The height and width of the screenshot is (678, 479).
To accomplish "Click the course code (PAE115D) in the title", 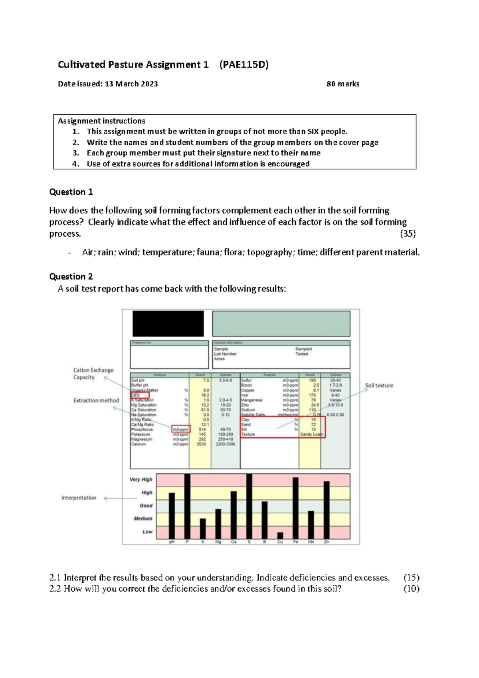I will [244, 65].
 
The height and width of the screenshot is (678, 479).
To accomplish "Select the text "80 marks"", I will [342, 84].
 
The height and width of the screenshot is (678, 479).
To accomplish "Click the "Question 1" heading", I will [71, 192].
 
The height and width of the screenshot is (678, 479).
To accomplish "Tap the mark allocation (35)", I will [408, 234].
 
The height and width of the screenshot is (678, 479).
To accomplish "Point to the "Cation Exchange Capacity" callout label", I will [93, 374].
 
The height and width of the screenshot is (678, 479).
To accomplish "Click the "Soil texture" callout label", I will [379, 385].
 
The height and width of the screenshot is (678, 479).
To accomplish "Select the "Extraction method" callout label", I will [96, 400].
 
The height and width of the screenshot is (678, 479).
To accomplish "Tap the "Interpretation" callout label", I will [79, 498].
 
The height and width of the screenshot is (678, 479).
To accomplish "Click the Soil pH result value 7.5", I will [206, 381].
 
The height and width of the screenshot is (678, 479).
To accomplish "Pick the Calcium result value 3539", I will [201, 444].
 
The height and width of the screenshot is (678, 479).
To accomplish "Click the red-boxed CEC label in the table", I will [140, 395].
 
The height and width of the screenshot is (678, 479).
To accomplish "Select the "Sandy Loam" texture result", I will [311, 435].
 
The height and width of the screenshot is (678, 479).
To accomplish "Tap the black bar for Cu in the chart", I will [280, 536].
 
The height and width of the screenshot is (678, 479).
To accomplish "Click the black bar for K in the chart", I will [203, 528].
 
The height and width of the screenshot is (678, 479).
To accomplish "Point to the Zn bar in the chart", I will [327, 510].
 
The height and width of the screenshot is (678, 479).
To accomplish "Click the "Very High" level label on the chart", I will [141, 479].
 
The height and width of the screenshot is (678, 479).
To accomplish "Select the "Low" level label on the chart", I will [147, 532].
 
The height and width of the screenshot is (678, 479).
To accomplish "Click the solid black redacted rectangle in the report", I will [168, 323].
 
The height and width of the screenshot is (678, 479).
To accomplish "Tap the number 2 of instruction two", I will [75, 142].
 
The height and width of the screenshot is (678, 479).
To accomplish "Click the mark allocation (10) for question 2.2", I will [411, 588].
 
